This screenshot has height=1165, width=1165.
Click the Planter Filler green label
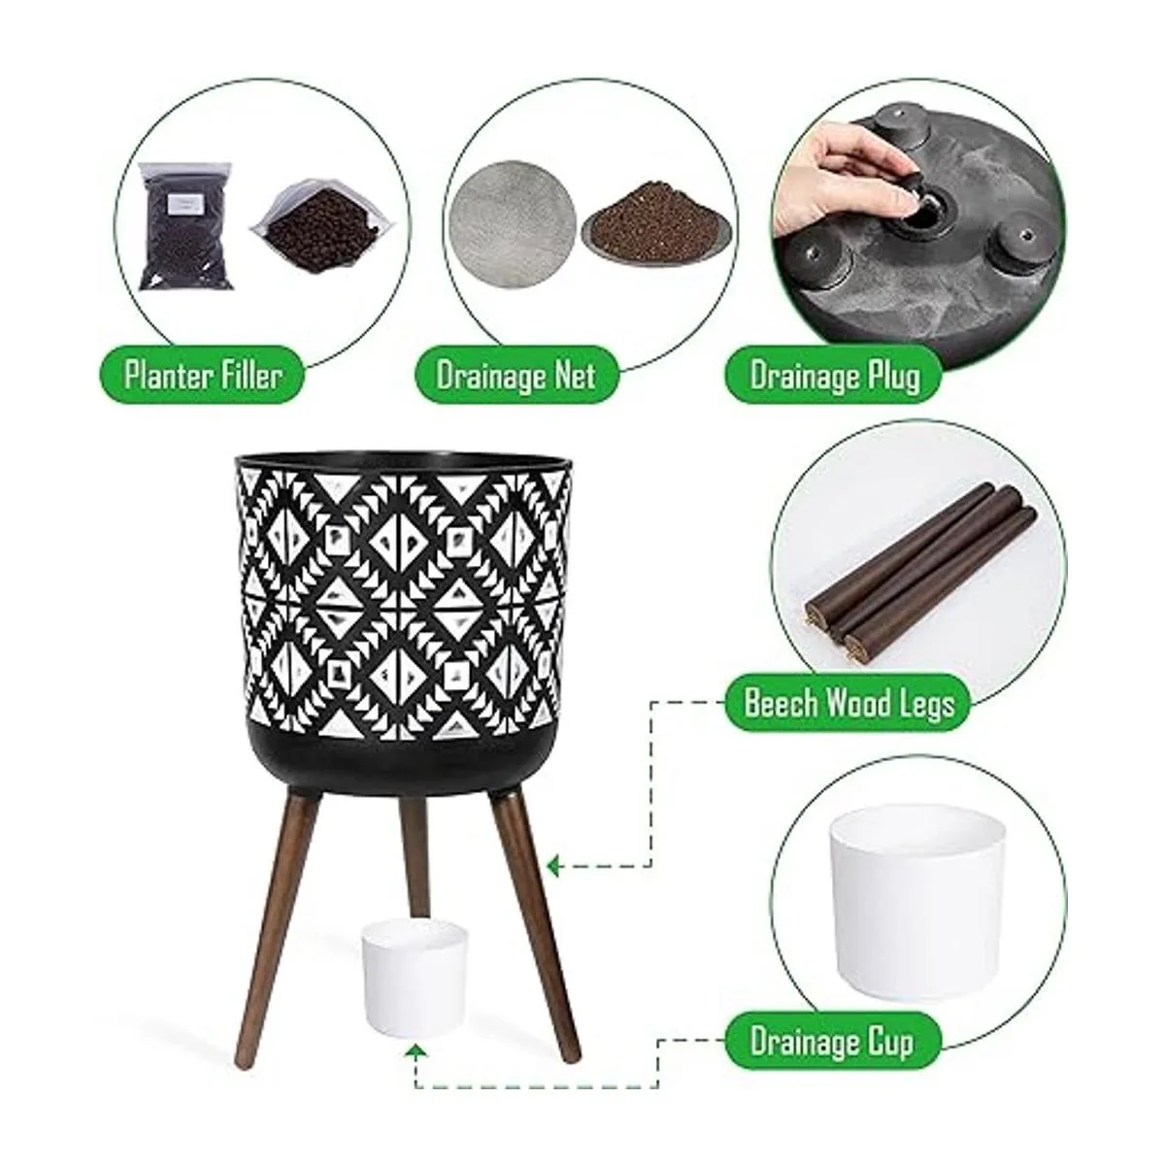coord(201,376)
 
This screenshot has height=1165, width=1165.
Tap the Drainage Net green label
coord(516,376)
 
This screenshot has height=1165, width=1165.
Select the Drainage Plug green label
coord(834,376)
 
